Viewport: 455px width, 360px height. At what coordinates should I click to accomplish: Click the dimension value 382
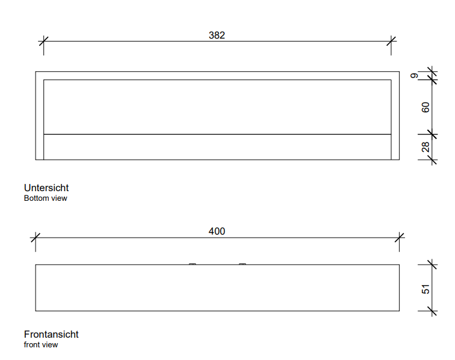pyautogui.click(x=217, y=35)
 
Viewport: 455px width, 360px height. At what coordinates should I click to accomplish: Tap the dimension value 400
pyautogui.click(x=217, y=232)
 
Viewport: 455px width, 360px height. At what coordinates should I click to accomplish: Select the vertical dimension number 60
pyautogui.click(x=425, y=107)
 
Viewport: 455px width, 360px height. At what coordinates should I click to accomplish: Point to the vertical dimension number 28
pyautogui.click(x=425, y=147)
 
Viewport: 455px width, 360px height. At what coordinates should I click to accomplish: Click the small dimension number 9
pyautogui.click(x=415, y=75)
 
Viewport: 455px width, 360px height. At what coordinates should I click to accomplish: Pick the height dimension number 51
pyautogui.click(x=425, y=289)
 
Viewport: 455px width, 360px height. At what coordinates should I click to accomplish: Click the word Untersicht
pyautogui.click(x=46, y=188)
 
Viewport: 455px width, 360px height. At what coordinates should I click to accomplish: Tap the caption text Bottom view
pyautogui.click(x=46, y=198)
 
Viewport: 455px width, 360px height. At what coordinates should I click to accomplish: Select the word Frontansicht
pyautogui.click(x=51, y=335)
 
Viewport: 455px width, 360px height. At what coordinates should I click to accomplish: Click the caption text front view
pyautogui.click(x=41, y=344)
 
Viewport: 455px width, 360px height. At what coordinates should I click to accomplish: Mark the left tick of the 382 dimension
pyautogui.click(x=43, y=41)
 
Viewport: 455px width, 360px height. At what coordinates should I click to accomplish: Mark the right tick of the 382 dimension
pyautogui.click(x=391, y=41)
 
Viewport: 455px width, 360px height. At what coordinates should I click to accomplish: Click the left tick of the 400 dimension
pyautogui.click(x=36, y=238)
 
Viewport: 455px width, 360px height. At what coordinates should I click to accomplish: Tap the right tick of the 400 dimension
pyautogui.click(x=400, y=238)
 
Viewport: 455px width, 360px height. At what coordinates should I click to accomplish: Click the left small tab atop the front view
pyautogui.click(x=192, y=264)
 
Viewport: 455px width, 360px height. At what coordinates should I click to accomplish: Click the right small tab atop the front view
pyautogui.click(x=242, y=264)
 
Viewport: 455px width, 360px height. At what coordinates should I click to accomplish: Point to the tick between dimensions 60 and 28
pyautogui.click(x=432, y=134)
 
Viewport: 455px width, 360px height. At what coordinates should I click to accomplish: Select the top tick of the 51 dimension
pyautogui.click(x=432, y=265)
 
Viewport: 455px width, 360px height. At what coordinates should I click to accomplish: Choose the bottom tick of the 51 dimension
pyautogui.click(x=432, y=311)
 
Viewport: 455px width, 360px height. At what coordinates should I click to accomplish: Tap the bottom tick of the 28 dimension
pyautogui.click(x=432, y=160)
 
